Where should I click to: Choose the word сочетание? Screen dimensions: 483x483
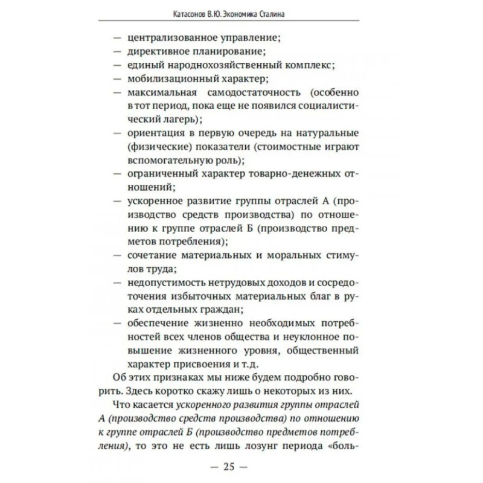pos(151,254)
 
